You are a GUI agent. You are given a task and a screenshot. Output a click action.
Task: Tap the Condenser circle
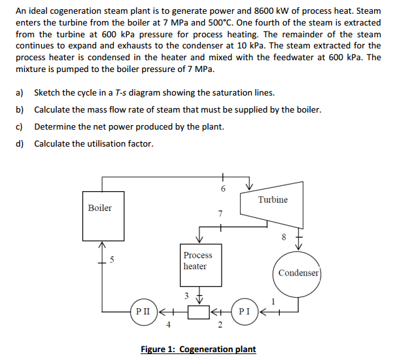coord(299,273)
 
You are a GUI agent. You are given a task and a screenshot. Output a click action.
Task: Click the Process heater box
coord(197,261)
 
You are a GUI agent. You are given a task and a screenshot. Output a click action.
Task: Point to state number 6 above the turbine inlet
coord(222,189)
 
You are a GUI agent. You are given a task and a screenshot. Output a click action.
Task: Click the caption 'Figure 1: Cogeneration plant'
coord(198,349)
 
